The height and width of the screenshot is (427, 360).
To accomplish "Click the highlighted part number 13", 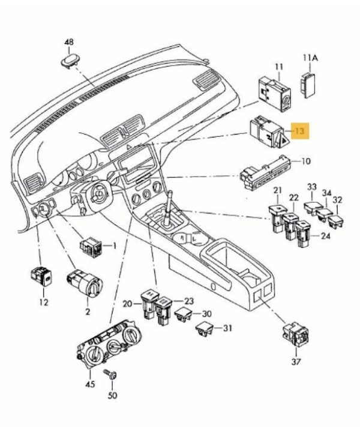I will click(300, 130).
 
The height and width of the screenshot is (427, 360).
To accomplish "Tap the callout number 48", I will click(69, 43).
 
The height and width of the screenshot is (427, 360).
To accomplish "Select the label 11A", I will click(310, 57).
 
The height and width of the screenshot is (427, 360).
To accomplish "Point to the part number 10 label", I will click(306, 161).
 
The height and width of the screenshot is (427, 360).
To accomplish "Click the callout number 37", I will click(296, 362).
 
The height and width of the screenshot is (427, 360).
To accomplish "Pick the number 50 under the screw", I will click(113, 396).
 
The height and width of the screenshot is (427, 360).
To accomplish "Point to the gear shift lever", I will click(172, 204).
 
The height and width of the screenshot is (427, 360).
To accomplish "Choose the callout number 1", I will click(115, 246).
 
